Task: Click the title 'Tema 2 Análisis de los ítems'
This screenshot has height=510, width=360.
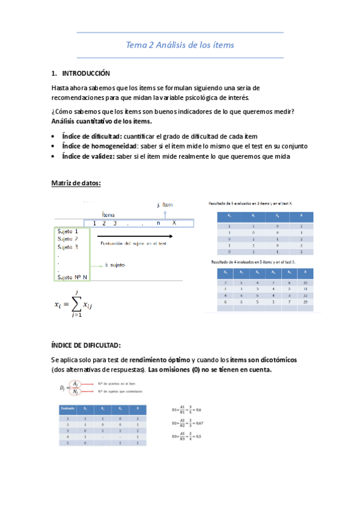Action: pos(180,45)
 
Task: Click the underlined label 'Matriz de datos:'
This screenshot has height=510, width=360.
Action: pos(76,183)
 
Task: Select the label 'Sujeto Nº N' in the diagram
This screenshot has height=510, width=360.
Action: pos(72,277)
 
